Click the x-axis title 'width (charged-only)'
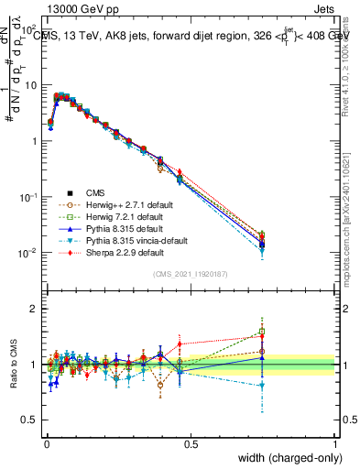[287, 458]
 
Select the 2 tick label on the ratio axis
[35, 309]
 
